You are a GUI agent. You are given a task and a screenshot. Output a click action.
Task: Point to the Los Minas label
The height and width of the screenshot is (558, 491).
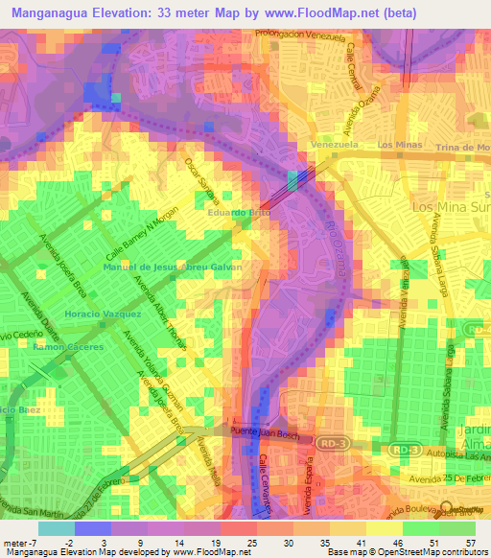click(x=400, y=145)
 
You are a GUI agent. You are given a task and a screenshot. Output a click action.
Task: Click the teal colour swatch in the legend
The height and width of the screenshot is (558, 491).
click(x=57, y=527)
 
